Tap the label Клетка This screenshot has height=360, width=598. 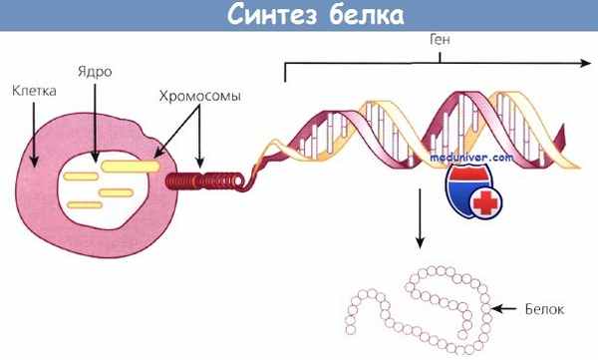pyautogui.click(x=33, y=90)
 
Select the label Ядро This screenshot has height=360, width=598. pyautogui.click(x=91, y=73)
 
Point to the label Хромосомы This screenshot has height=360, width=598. pyautogui.click(x=198, y=97)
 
